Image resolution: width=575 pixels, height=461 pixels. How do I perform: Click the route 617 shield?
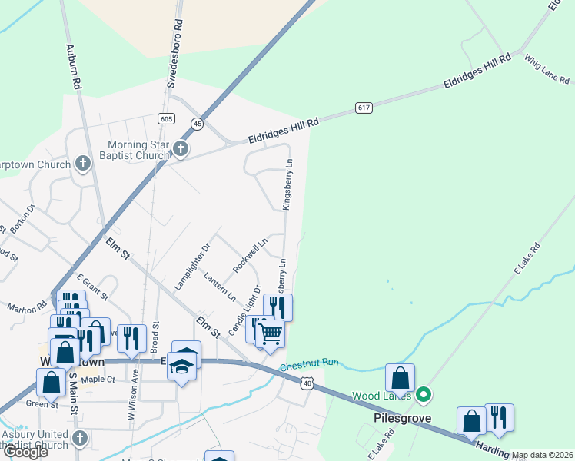[364, 108]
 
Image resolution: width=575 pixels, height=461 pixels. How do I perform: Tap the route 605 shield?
[165, 118]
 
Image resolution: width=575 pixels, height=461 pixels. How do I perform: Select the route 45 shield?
[198, 124]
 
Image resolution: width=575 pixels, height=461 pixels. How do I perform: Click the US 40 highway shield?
[307, 383]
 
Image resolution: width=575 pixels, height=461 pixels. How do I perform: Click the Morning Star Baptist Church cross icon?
[180, 148]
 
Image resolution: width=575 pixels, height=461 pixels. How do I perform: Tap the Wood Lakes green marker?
[423, 396]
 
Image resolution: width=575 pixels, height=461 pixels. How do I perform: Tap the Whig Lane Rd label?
[546, 69]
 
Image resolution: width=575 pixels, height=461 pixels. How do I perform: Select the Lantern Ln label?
[220, 285]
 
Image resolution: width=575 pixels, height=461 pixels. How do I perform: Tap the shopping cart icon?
[270, 335]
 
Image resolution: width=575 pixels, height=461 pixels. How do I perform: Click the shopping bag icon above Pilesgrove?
[400, 377]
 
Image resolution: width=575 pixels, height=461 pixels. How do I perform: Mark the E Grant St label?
[92, 286]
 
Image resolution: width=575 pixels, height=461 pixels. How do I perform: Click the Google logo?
[25, 452]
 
